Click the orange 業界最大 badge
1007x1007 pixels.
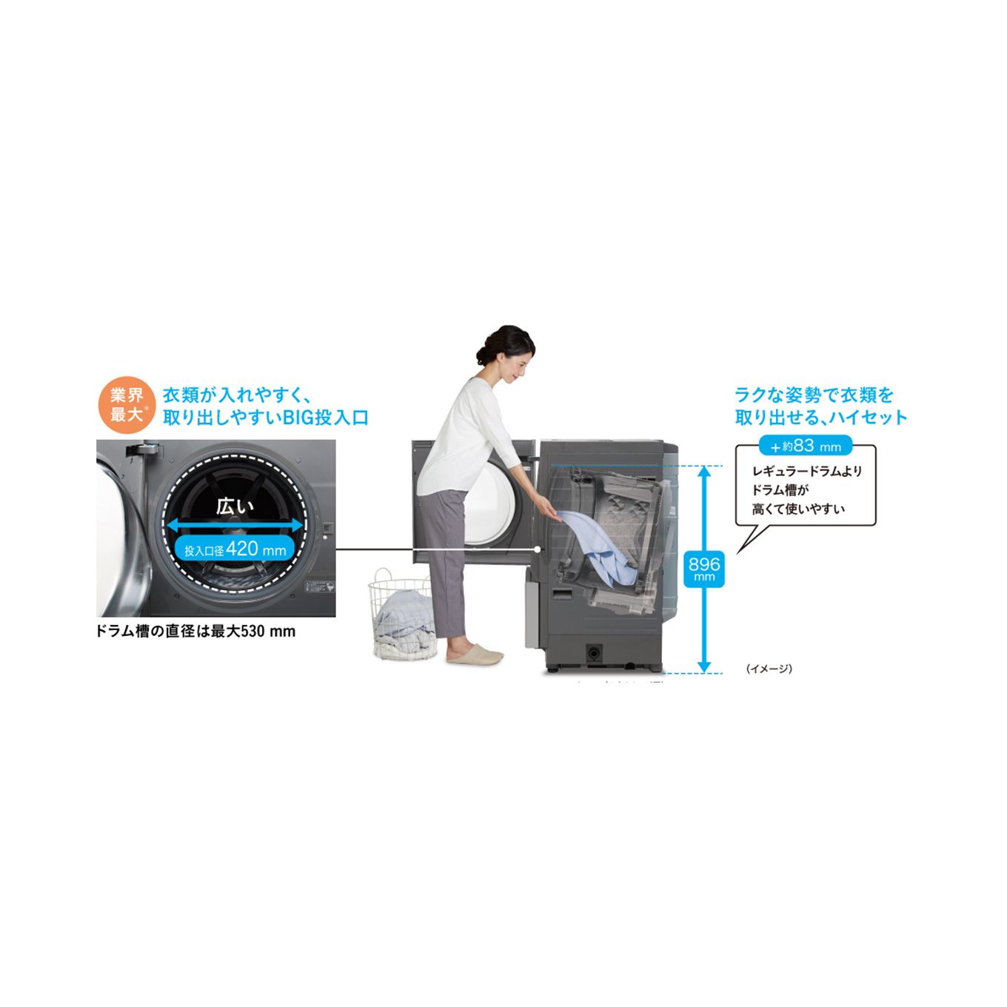[x=127, y=405]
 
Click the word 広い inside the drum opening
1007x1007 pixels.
[x=235, y=506]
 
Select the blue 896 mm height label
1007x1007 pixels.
[x=703, y=568]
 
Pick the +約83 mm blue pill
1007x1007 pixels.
[x=806, y=446]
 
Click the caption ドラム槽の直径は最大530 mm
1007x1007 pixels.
[x=195, y=632]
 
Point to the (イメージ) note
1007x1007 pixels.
[x=769, y=669]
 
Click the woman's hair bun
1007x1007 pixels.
[x=485, y=355]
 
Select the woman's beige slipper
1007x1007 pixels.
[x=475, y=655]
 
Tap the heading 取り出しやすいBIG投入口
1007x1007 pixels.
[x=265, y=418]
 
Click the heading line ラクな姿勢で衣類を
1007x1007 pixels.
[x=814, y=395]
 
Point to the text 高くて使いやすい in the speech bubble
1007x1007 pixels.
[x=798, y=509]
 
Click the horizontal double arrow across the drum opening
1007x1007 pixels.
[x=235, y=525]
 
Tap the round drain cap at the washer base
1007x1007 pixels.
[x=594, y=653]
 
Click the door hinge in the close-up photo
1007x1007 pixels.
[x=141, y=449]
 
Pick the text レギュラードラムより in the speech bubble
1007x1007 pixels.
[x=807, y=471]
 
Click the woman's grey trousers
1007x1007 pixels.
[x=446, y=563]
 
